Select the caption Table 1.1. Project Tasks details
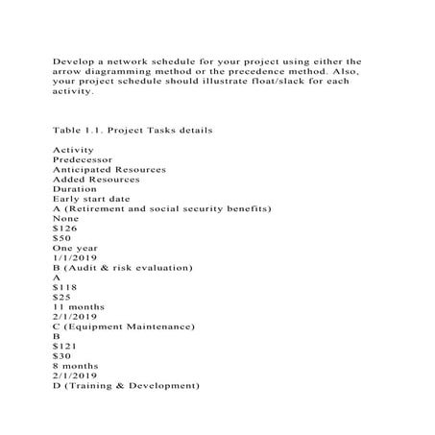(x=133, y=129)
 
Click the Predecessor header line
(x=86, y=159)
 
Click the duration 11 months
(x=80, y=307)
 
